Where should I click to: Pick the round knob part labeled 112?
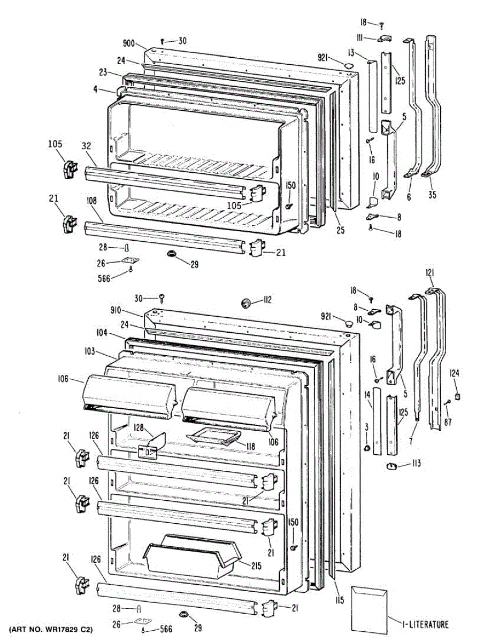(247, 303)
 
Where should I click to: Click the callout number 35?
(432, 195)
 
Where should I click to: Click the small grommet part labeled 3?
(367, 447)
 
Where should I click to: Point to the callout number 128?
(139, 428)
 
